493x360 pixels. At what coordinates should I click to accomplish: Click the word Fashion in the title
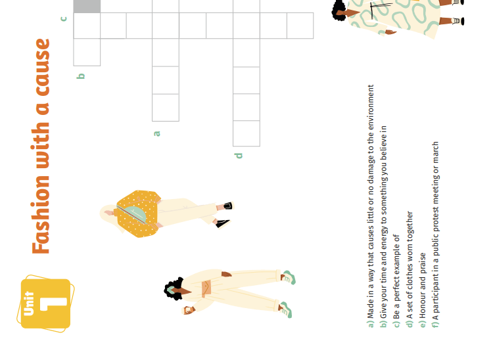pos(41,215)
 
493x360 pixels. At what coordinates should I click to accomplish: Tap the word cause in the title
pos(43,67)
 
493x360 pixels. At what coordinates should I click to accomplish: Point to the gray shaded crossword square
pos(87,7)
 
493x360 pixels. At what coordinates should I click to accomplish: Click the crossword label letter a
pos(156,133)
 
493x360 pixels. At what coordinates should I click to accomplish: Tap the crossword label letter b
pos(81,76)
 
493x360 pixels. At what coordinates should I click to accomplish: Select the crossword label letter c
pos(64,19)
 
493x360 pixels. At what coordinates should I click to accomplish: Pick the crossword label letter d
pos(239,156)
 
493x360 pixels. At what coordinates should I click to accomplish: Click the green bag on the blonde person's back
pos(132,213)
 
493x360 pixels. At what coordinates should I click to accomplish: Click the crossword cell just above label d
pos(246,133)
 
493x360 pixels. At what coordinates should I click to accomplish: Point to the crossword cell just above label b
pos(87,52)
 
